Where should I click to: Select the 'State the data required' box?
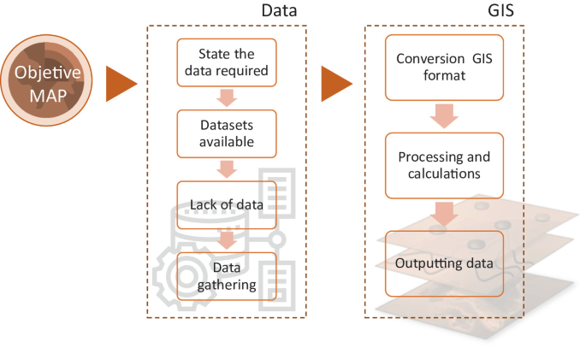(227, 62)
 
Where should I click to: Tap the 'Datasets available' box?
(227, 133)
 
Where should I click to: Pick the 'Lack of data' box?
(227, 204)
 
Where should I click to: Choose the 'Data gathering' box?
(227, 275)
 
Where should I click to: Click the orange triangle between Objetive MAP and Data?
(121, 84)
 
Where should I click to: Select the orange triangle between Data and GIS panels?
(336, 84)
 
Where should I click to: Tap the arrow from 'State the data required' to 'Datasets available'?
(227, 97)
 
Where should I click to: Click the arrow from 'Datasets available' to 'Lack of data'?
(227, 168)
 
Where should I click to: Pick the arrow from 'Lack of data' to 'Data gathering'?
(227, 239)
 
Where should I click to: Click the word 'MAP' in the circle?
(47, 92)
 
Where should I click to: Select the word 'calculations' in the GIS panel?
(444, 174)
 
